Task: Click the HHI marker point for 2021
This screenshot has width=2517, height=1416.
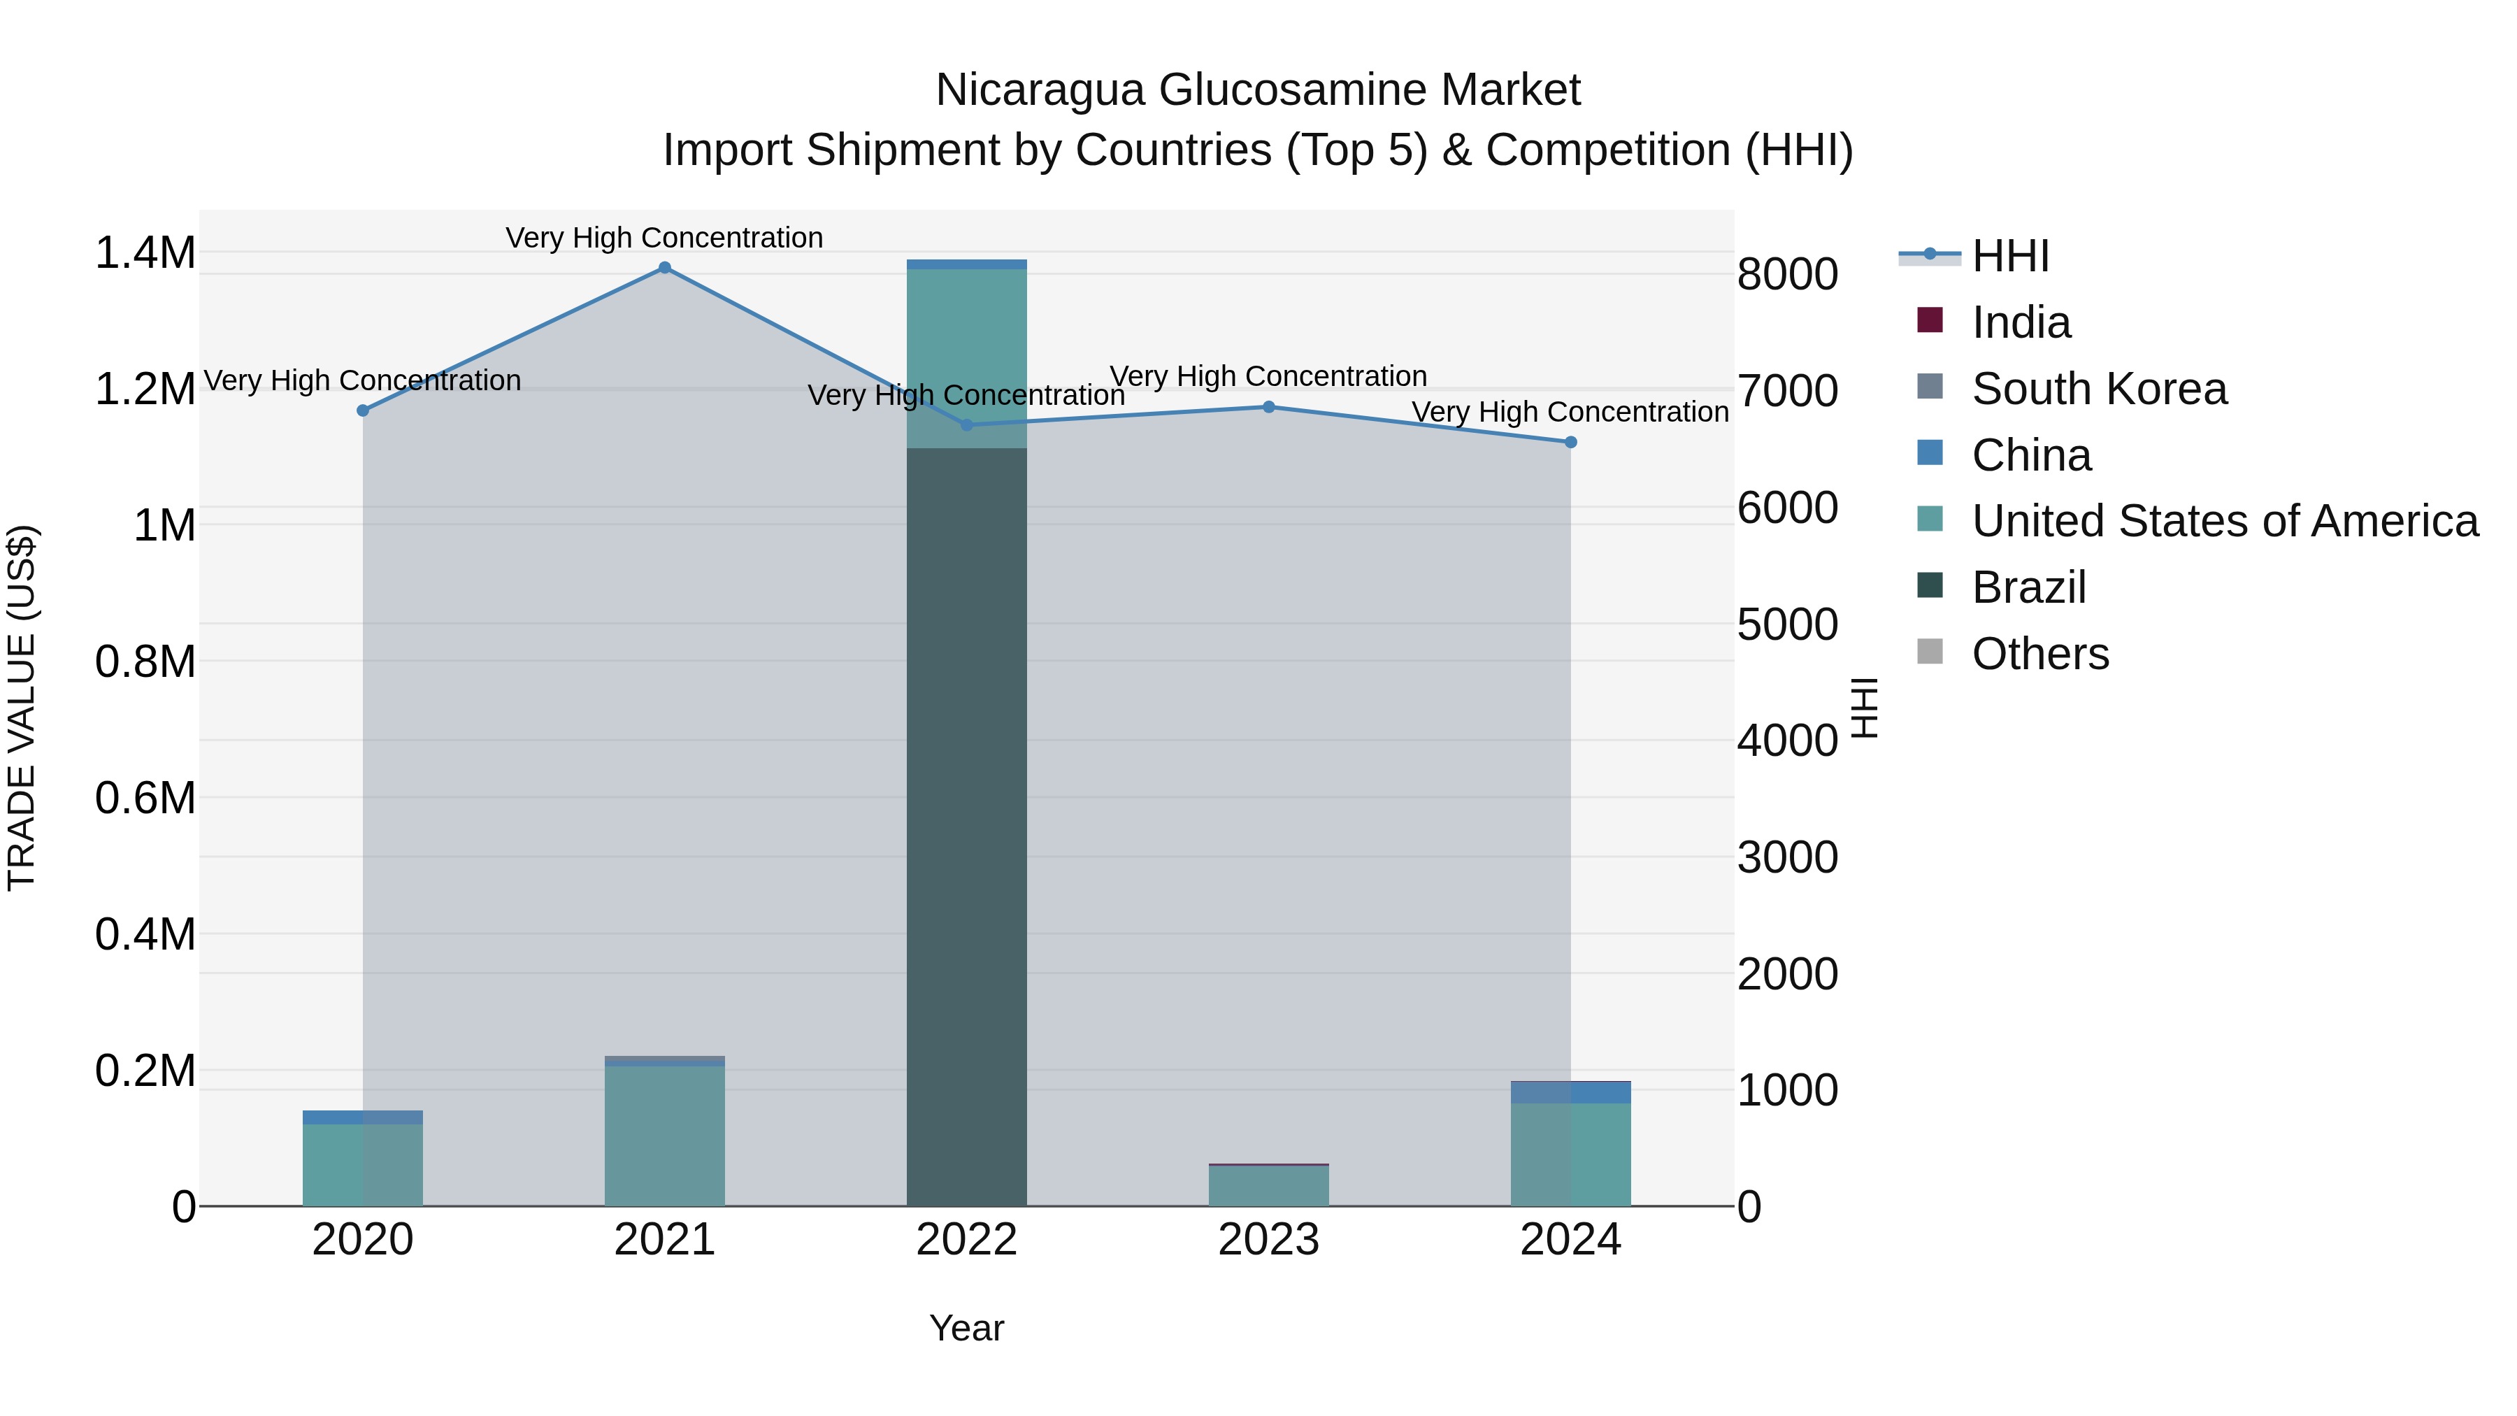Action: click(664, 268)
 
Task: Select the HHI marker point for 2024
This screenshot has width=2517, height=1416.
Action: click(1570, 443)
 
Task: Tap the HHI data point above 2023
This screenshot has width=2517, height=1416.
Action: click(1268, 406)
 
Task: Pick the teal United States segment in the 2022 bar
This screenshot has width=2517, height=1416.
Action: click(966, 357)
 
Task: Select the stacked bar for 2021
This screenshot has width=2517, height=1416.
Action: click(664, 1133)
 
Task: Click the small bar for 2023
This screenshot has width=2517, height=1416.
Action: click(1268, 1185)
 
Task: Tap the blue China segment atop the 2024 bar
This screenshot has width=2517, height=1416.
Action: click(1570, 1092)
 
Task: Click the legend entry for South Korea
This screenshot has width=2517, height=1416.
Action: click(2099, 389)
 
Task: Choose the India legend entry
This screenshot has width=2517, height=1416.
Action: click(2021, 322)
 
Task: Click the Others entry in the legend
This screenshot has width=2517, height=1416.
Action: click(2040, 654)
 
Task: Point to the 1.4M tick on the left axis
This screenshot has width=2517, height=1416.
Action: click(145, 253)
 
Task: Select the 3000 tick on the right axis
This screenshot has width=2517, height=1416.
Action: click(1787, 857)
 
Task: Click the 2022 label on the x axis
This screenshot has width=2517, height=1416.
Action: click(966, 1240)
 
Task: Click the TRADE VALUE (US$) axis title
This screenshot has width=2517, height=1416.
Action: click(22, 708)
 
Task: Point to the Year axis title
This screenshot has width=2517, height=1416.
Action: click(966, 1328)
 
